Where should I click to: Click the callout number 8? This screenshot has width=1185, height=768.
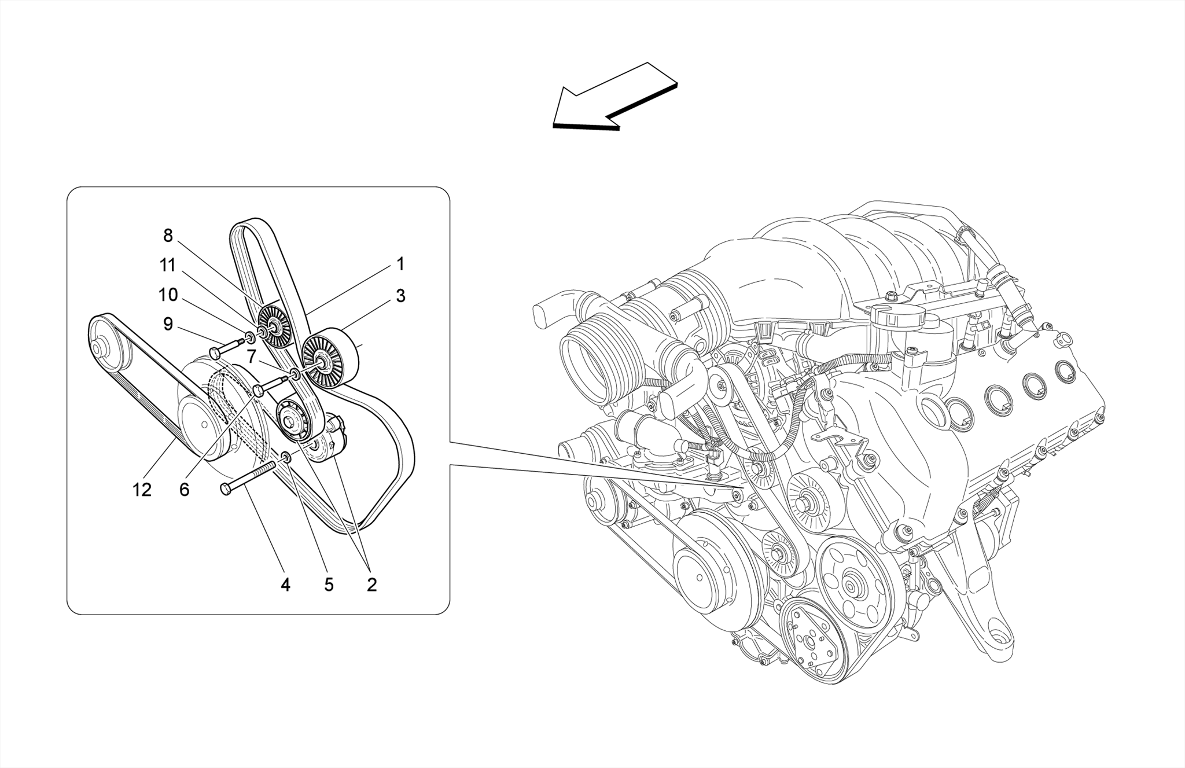(x=168, y=236)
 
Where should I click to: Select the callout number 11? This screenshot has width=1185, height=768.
(x=168, y=266)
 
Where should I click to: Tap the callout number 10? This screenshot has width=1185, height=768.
(x=168, y=295)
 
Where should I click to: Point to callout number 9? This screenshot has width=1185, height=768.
(x=168, y=324)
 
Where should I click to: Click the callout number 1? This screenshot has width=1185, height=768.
(x=400, y=264)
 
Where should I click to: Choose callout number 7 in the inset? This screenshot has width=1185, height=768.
(x=251, y=357)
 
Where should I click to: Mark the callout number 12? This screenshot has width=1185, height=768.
(x=142, y=490)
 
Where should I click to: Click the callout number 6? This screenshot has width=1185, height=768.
(x=184, y=490)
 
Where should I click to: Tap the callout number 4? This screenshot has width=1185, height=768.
(x=285, y=585)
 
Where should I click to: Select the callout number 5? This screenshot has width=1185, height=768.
(x=329, y=585)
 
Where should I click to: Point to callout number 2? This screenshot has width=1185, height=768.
(x=371, y=585)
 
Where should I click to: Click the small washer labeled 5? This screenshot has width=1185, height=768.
(x=285, y=459)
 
